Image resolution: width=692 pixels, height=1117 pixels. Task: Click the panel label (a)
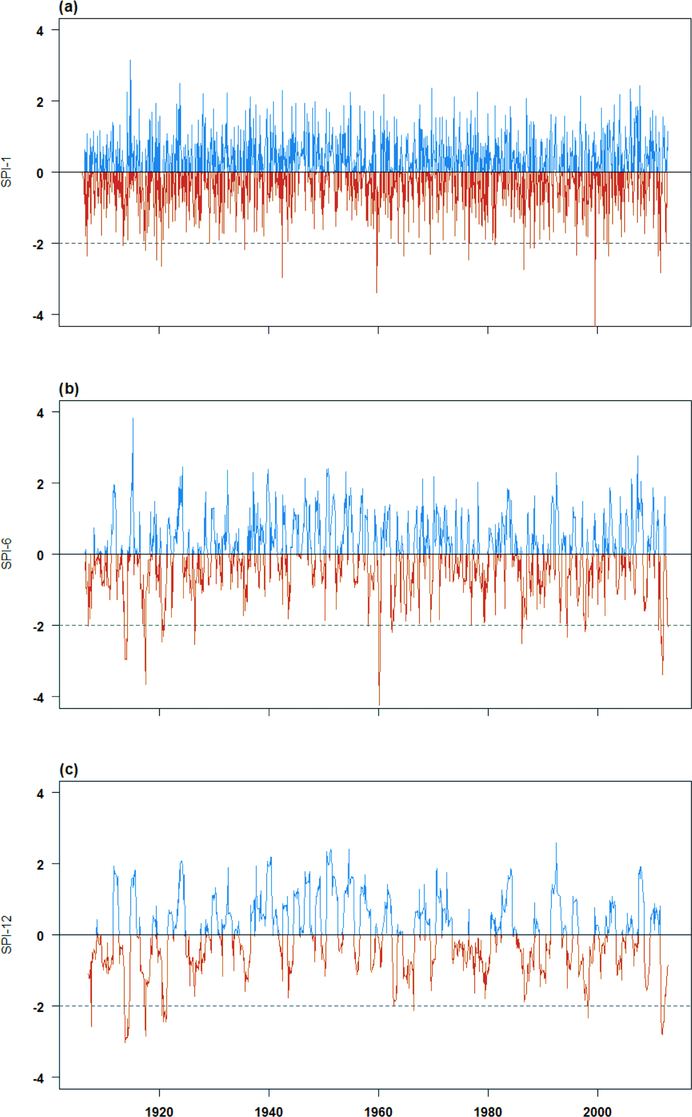click(x=68, y=7)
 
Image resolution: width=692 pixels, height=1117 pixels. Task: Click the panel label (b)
click(x=69, y=389)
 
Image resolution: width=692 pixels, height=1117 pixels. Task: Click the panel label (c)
click(x=69, y=770)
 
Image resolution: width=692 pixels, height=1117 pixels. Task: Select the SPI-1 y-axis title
click(x=7, y=172)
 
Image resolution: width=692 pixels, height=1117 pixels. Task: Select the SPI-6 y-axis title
click(x=7, y=554)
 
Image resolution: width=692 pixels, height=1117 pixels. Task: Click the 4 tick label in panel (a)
click(x=40, y=31)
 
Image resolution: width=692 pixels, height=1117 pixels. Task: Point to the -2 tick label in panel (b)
click(x=38, y=626)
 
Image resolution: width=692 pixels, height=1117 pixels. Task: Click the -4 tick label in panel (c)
click(x=38, y=1078)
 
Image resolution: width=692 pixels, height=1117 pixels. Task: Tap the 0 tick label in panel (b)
click(x=40, y=555)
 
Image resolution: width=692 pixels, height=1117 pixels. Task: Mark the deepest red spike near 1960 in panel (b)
click(x=379, y=703)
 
